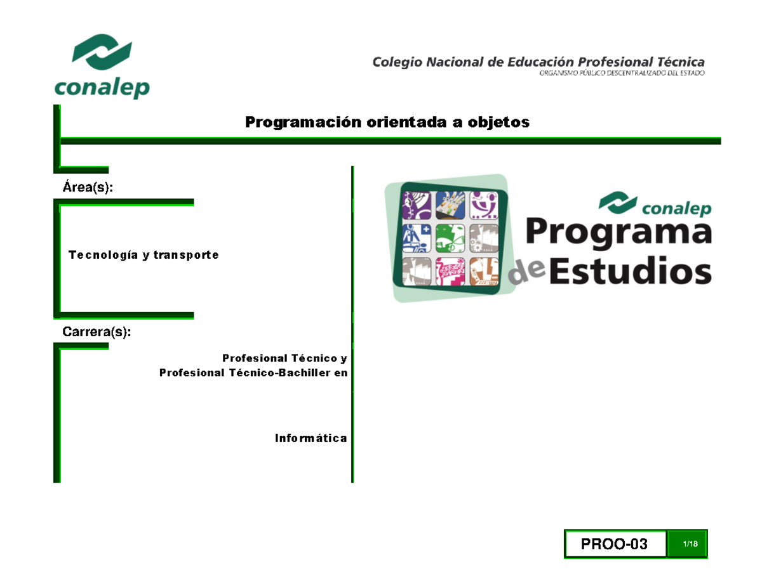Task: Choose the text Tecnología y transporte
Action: coord(143,255)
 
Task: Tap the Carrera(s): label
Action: coord(97,332)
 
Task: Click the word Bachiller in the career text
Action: coord(305,372)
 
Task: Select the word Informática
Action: coord(311,438)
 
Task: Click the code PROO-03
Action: coord(614,544)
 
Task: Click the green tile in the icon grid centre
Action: coord(450,239)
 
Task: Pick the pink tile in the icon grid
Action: coord(450,273)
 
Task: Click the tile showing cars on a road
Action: coord(450,205)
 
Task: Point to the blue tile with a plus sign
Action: coord(417,239)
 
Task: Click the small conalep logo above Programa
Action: coord(655,204)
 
